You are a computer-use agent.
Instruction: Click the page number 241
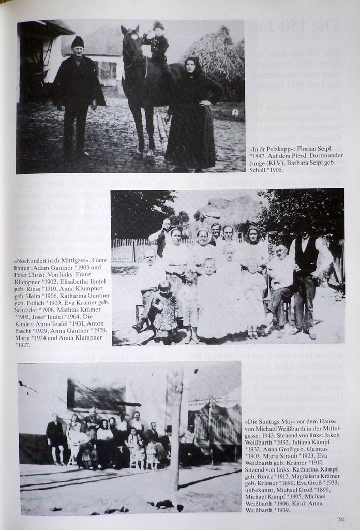pos(341,519)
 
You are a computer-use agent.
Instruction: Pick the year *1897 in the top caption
pos(257,156)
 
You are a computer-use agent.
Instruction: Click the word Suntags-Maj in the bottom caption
pos(268,422)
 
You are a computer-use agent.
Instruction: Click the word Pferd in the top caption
pos(295,156)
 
